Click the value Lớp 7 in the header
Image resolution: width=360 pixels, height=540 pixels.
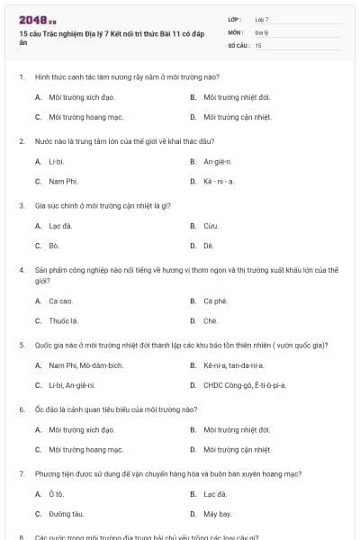[x=262, y=19]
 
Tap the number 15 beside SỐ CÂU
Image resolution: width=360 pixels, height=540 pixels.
[x=258, y=44]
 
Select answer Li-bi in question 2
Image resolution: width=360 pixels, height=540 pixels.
[x=56, y=161]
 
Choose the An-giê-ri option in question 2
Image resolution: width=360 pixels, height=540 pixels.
[x=218, y=161]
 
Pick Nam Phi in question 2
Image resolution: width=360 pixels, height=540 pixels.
[x=61, y=181]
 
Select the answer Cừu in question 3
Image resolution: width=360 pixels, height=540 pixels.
[x=211, y=225]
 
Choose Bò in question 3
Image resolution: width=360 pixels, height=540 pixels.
[x=54, y=245]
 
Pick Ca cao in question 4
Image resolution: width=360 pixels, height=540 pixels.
[x=60, y=301]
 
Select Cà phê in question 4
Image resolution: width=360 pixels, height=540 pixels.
[x=215, y=301]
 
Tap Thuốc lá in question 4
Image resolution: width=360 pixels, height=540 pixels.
[x=64, y=320]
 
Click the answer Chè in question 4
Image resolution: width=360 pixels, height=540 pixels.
[x=211, y=320]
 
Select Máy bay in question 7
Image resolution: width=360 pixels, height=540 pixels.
[x=218, y=514]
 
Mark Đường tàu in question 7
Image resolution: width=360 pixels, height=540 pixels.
[x=65, y=514]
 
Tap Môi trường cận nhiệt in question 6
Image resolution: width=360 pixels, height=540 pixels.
[x=238, y=449]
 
